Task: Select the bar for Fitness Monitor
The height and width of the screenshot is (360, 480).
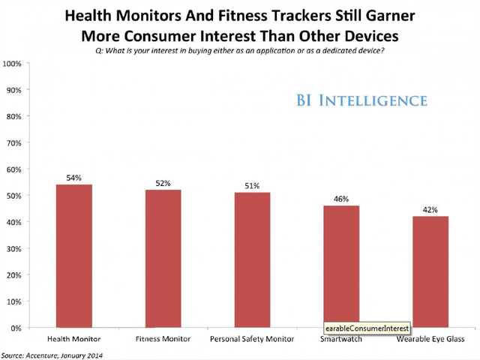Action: [163, 259]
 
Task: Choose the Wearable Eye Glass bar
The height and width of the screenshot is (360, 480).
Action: [430, 271]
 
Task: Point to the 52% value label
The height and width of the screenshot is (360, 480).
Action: [163, 184]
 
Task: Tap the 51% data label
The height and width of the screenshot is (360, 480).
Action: [252, 187]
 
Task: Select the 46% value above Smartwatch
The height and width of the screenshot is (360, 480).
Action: [341, 199]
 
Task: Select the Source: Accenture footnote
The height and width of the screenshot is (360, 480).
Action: [52, 354]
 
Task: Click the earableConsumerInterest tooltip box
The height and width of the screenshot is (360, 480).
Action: [366, 328]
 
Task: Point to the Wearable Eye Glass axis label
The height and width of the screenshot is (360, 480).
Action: [430, 340]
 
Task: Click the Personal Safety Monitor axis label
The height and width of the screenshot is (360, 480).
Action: [252, 340]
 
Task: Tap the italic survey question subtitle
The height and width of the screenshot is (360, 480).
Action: [239, 49]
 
